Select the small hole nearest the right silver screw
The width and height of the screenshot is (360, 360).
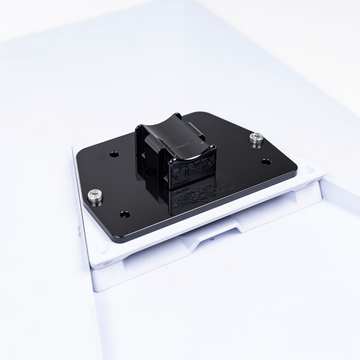[x=266, y=160]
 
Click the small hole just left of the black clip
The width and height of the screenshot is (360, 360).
[x=112, y=156]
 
